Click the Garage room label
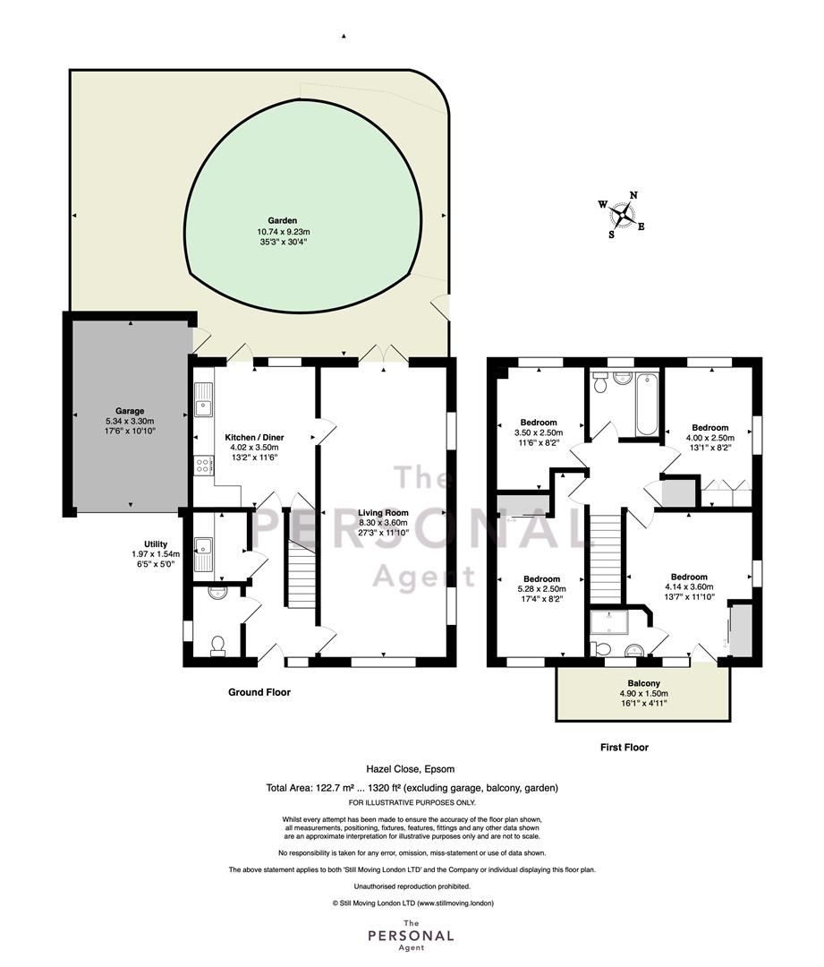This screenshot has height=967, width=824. point(130,411)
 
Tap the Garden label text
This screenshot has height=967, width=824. point(282,220)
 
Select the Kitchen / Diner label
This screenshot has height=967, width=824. point(254,437)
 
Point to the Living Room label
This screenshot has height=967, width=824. point(383,512)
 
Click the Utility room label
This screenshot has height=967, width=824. point(156,544)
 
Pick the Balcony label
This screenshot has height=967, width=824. point(643,683)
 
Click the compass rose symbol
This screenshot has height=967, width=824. point(623,215)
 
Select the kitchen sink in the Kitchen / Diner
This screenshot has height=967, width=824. point(203,399)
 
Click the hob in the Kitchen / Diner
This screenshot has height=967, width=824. point(202,465)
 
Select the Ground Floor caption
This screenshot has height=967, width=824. point(259,692)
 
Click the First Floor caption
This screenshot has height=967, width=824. point(624,748)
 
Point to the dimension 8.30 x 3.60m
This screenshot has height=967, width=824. point(383,523)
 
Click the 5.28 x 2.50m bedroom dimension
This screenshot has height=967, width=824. point(542,589)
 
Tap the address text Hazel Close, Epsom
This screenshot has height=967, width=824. point(410,769)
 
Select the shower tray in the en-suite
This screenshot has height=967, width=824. point(608,623)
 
